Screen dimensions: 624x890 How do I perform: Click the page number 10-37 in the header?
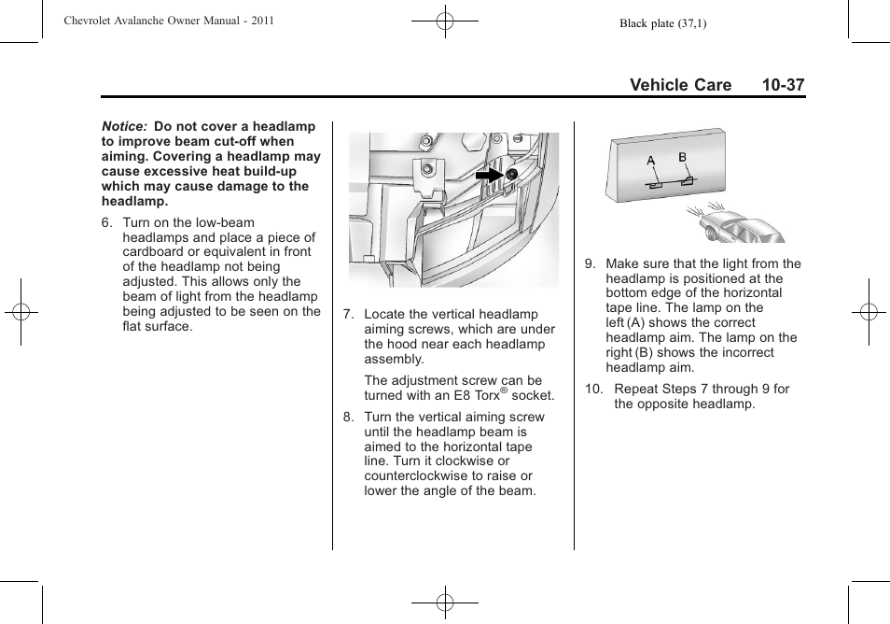click(x=782, y=85)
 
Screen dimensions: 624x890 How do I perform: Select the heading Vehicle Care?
click(x=680, y=85)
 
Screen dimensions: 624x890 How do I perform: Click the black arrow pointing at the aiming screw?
click(x=488, y=175)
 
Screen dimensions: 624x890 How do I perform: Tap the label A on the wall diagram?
click(x=651, y=162)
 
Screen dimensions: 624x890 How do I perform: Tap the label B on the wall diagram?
click(x=682, y=157)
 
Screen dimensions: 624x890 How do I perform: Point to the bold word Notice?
click(x=125, y=126)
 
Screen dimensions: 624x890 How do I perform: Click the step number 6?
click(x=106, y=222)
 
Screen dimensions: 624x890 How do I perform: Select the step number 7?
click(x=348, y=314)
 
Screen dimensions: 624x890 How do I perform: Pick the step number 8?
click(x=348, y=417)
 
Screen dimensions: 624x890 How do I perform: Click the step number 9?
click(x=590, y=263)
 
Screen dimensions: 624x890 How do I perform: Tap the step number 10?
click(x=593, y=389)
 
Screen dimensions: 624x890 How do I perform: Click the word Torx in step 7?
click(x=483, y=395)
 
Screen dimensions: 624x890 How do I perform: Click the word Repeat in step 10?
click(x=637, y=389)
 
